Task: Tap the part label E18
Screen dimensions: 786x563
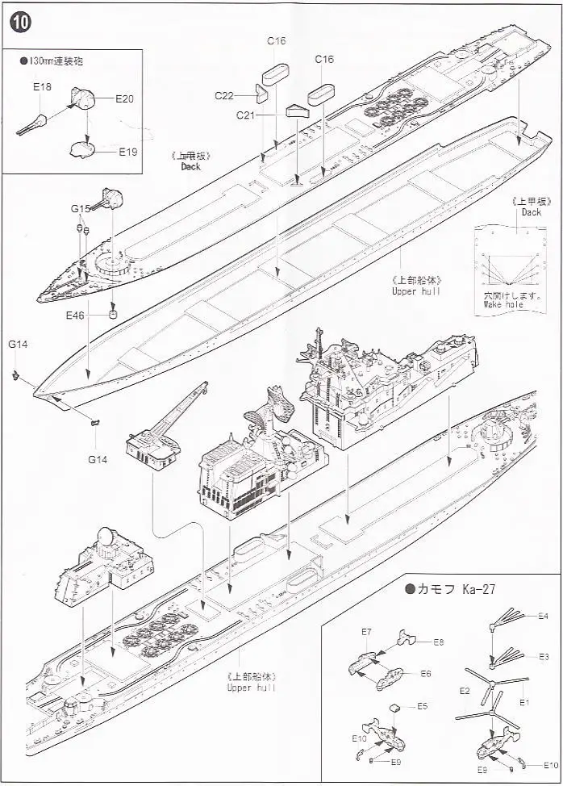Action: tap(42, 86)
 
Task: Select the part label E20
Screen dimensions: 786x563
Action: tap(124, 98)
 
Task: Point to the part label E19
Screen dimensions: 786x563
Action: tap(128, 151)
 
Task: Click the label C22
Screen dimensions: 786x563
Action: tap(223, 95)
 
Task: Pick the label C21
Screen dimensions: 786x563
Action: tap(246, 115)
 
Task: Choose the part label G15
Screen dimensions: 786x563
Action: tap(80, 208)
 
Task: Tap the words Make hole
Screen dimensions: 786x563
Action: tap(504, 305)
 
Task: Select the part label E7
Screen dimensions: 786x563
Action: tap(366, 630)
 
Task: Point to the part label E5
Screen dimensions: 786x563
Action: tap(422, 706)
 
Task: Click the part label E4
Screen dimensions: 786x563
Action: tap(543, 617)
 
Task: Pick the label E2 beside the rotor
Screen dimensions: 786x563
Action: tap(464, 691)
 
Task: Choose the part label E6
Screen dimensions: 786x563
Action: tap(425, 672)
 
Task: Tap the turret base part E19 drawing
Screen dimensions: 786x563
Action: tap(83, 148)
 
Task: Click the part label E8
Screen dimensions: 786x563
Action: tap(438, 642)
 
